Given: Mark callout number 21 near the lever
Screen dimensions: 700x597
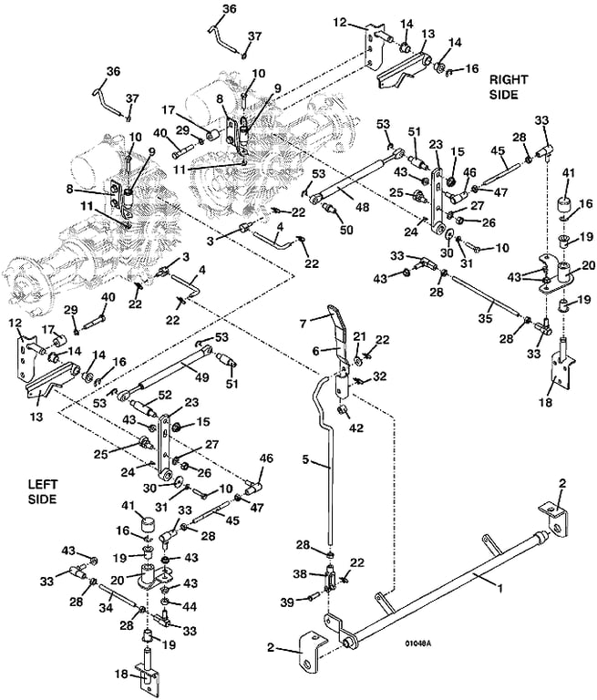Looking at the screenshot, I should [359, 336].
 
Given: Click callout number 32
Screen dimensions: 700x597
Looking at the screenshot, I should [379, 376].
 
